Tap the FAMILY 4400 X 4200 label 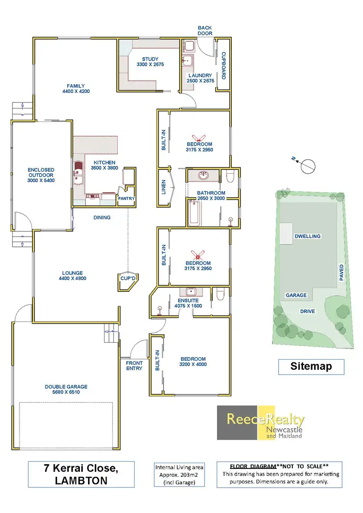click(x=76, y=88)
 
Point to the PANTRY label click(x=126, y=198)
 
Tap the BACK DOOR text click(x=205, y=31)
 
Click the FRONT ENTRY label click(x=134, y=365)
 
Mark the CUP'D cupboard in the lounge click(x=128, y=278)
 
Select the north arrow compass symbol click(x=307, y=166)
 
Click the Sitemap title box click(x=311, y=366)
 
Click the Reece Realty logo click(x=260, y=422)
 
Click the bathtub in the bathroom click(x=195, y=213)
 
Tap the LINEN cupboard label click(x=164, y=186)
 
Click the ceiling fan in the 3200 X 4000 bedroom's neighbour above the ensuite click(x=197, y=255)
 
